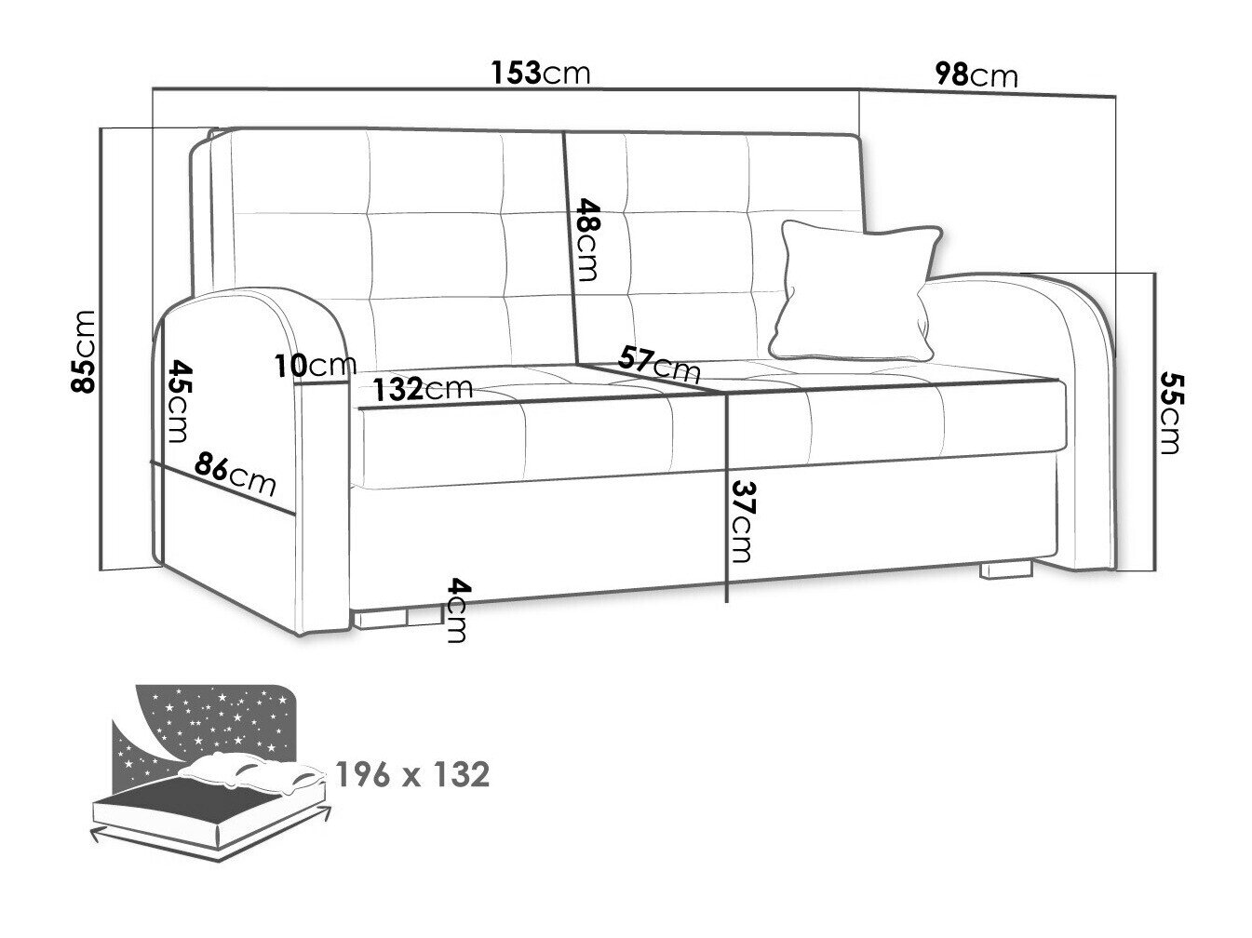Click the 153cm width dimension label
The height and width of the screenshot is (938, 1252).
coord(540,73)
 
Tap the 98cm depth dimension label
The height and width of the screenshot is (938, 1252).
coord(976,75)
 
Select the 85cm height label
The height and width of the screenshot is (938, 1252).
coord(83,351)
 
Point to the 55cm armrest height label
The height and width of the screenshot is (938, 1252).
coord(1171,413)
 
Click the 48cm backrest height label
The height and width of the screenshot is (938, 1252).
coord(588,239)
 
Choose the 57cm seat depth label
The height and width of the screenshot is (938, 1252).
coord(659,364)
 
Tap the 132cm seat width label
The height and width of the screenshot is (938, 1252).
coord(424,389)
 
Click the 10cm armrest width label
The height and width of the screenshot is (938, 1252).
coord(316,366)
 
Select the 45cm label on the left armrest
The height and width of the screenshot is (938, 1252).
coord(179,401)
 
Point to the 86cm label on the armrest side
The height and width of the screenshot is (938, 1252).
coord(235,473)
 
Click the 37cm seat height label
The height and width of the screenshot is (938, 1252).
coord(743,521)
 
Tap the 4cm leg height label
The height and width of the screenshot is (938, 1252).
coord(458,610)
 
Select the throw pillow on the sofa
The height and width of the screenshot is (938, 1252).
coord(855,291)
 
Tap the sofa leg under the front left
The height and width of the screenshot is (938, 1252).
coord(398,618)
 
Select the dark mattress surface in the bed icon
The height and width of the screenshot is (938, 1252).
coord(188,798)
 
